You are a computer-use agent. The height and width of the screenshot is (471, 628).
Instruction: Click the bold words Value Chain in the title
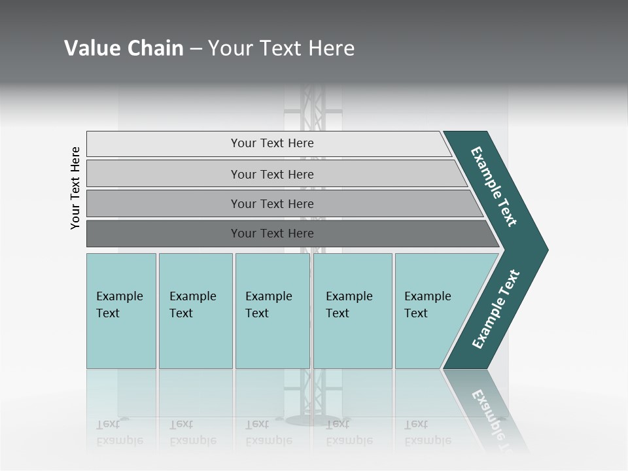point(124,48)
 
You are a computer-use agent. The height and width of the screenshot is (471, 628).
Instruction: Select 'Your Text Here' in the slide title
point(281,48)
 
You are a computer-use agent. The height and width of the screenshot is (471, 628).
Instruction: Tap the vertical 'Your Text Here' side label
point(75,188)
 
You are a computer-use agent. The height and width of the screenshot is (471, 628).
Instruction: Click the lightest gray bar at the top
point(268,143)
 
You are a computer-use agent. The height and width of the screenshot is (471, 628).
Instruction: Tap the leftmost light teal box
point(121,311)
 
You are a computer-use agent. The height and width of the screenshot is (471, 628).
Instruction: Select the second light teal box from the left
point(195,311)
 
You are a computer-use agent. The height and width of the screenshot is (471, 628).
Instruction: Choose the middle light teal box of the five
point(272,311)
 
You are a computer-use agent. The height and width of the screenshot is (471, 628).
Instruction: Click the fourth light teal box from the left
point(353,311)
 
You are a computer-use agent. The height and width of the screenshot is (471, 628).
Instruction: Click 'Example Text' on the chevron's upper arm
point(494,186)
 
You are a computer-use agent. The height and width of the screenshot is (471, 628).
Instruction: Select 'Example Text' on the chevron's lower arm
point(496,309)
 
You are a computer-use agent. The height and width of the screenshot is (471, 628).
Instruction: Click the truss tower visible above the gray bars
point(313,108)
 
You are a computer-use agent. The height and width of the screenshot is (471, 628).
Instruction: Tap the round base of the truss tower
point(313,419)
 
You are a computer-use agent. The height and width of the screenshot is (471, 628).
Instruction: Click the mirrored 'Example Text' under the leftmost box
point(120,432)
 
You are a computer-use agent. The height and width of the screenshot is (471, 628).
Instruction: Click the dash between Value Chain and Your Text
point(196,49)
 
